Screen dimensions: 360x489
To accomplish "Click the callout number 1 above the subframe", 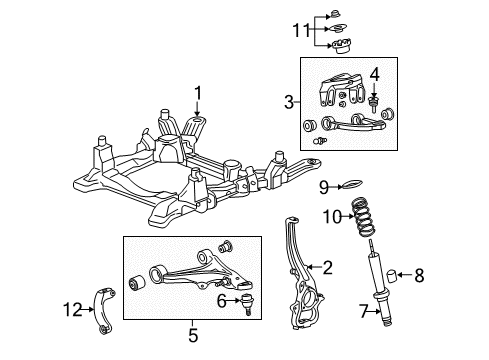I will click(198, 94).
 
